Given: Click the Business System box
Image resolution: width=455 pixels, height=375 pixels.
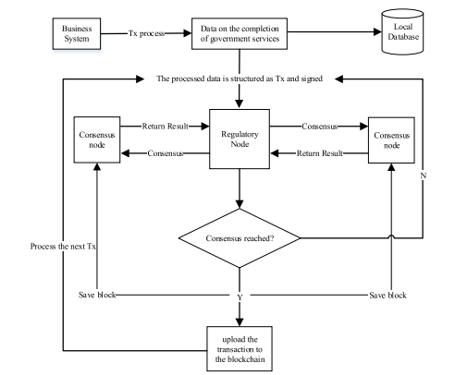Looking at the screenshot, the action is pyautogui.click(x=77, y=33).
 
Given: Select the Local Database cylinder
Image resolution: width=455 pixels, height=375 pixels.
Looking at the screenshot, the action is pyautogui.click(x=402, y=31).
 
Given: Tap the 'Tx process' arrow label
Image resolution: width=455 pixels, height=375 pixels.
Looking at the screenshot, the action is pyautogui.click(x=146, y=33).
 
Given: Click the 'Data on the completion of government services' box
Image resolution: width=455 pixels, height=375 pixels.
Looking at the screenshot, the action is pyautogui.click(x=240, y=33).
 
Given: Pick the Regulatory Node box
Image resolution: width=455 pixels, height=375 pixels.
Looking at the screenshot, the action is pyautogui.click(x=240, y=139).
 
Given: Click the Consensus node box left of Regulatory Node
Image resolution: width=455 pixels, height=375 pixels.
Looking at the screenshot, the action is pyautogui.click(x=97, y=139).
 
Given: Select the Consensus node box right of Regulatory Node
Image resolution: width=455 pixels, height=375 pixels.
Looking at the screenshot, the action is pyautogui.click(x=391, y=140).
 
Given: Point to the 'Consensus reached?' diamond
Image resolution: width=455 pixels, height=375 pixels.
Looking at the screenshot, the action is pyautogui.click(x=240, y=238).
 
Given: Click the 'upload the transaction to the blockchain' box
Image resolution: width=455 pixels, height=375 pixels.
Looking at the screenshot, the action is pyautogui.click(x=240, y=349).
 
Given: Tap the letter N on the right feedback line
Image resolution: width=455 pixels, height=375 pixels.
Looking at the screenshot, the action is pyautogui.click(x=424, y=175).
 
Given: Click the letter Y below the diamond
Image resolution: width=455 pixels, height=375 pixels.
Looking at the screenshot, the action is pyautogui.click(x=240, y=297).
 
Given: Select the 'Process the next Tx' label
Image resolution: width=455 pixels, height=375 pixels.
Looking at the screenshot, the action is pyautogui.click(x=63, y=247).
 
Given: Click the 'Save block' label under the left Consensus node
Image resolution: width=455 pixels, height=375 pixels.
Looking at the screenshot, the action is pyautogui.click(x=97, y=295).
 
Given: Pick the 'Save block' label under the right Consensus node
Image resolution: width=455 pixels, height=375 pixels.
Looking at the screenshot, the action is pyautogui.click(x=387, y=296).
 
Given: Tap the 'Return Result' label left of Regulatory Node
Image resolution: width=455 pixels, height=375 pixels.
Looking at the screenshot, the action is pyautogui.click(x=166, y=127).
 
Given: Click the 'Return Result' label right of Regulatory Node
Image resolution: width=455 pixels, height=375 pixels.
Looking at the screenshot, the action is pyautogui.click(x=320, y=153).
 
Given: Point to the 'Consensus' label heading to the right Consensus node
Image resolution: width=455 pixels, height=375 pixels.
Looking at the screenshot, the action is pyautogui.click(x=320, y=127).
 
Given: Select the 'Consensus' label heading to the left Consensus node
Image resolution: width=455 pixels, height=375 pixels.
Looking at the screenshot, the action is pyautogui.click(x=166, y=153).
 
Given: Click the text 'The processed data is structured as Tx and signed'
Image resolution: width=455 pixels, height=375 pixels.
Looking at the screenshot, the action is pyautogui.click(x=240, y=79).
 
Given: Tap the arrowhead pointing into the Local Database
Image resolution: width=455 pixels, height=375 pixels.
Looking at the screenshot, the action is pyautogui.click(x=378, y=31).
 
